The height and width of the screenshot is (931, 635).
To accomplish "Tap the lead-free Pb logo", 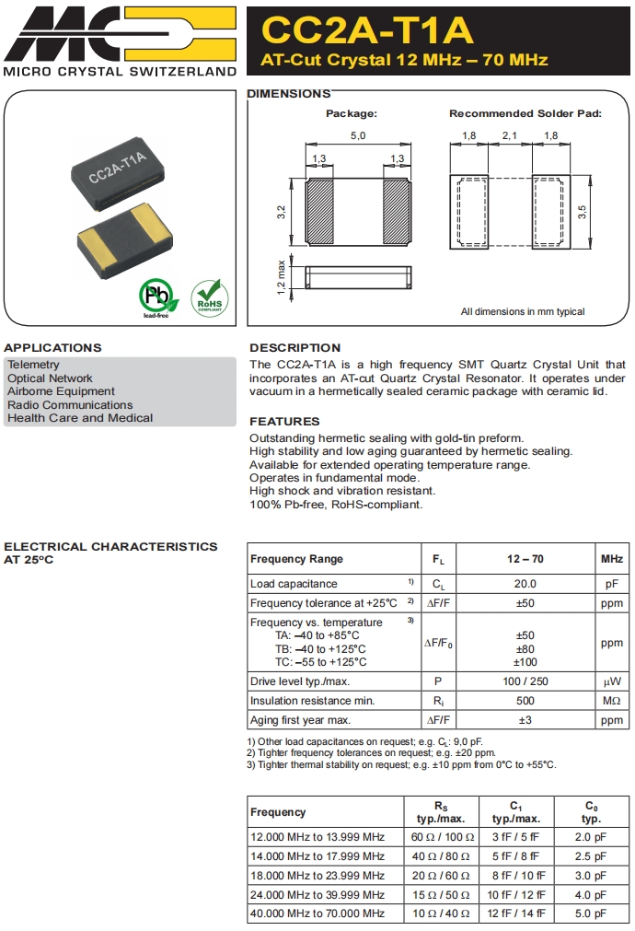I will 157,297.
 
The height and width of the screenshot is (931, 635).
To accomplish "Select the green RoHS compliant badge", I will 209,297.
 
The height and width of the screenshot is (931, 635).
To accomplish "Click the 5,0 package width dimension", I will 357,136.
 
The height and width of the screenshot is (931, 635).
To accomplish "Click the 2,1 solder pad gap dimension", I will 509,136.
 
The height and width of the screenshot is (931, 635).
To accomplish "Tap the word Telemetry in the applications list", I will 33,365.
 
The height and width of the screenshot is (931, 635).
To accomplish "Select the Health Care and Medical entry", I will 80,418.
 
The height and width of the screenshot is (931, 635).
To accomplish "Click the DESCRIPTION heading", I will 294,348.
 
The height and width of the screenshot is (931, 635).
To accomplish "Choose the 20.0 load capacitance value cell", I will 525,584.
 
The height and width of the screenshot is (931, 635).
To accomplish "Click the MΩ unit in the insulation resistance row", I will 611,701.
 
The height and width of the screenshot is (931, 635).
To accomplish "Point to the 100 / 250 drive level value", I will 525,681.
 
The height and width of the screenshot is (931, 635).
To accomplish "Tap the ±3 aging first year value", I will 525,720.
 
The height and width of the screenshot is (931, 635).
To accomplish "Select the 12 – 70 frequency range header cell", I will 525,559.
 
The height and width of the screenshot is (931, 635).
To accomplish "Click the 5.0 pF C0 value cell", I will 591,914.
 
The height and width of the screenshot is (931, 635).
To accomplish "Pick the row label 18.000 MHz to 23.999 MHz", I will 317,876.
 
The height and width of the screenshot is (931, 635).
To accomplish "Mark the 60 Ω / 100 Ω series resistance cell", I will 442,837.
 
